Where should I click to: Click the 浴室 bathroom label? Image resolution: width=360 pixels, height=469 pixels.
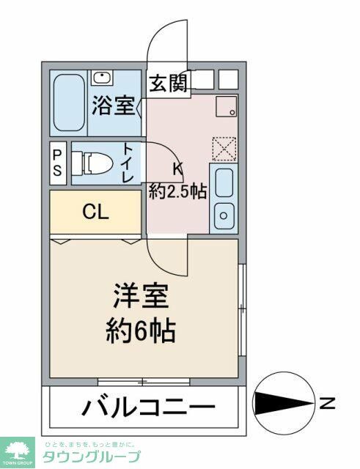coord(114,106)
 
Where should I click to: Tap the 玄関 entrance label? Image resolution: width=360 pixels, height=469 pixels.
coord(169,84)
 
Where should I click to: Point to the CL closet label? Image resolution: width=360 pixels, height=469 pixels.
coord(95,213)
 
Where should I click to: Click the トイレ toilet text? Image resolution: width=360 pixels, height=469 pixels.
coord(128,163)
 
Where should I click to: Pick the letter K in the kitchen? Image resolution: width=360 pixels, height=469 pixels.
coord(177,169)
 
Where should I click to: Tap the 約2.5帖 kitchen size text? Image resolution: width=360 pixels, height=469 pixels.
coord(178,191)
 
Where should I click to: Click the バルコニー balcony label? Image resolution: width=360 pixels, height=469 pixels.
coord(148,407)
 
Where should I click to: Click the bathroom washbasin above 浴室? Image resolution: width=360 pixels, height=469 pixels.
coord(100,78)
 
